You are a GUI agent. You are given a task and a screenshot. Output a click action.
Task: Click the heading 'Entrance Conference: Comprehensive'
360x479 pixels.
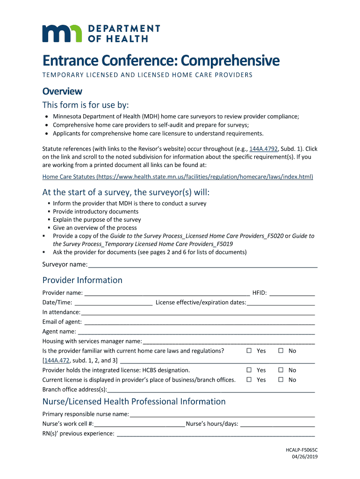(x=161, y=60)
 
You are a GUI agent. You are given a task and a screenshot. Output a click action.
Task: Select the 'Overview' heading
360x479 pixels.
(x=62, y=91)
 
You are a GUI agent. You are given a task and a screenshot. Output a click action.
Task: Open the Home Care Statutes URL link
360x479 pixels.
(x=178, y=177)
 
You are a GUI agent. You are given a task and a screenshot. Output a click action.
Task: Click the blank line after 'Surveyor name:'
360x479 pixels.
(x=202, y=265)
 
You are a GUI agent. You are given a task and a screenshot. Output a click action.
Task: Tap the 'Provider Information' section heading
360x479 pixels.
(x=82, y=280)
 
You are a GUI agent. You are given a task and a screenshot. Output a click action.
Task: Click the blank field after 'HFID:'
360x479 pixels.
(x=292, y=293)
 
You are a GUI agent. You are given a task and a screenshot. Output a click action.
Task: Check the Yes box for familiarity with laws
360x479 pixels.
(x=249, y=351)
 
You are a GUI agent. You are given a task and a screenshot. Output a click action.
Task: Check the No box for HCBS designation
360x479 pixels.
(x=281, y=370)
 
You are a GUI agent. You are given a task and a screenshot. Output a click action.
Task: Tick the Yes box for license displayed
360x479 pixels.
(x=249, y=380)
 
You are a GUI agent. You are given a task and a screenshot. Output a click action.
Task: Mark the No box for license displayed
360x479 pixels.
(x=281, y=380)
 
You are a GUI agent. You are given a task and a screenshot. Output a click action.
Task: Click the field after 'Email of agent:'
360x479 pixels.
(x=199, y=322)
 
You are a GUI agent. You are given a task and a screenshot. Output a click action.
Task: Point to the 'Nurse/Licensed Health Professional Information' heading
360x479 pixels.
(x=134, y=402)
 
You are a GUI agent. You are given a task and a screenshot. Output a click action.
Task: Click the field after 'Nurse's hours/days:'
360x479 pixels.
(x=277, y=424)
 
